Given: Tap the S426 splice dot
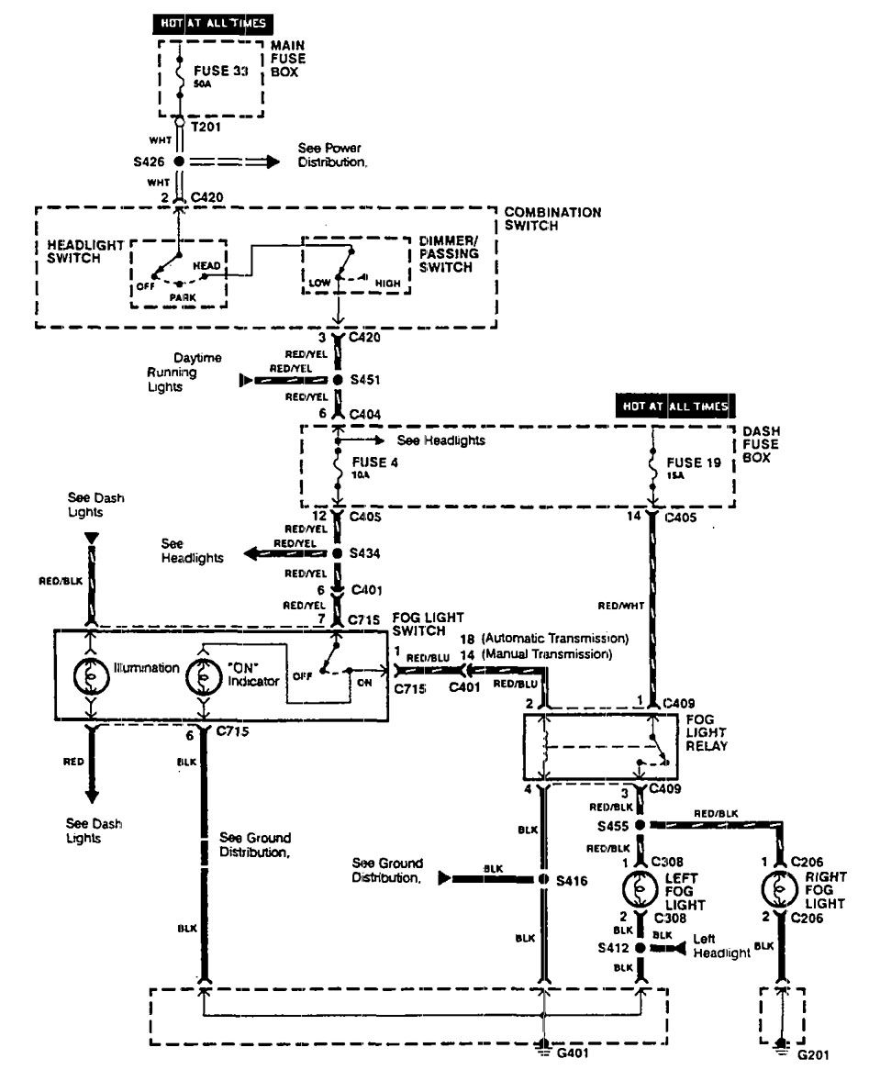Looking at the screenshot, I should point(180,162).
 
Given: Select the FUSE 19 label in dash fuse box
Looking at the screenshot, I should point(688,462).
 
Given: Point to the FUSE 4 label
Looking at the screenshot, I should point(373,462).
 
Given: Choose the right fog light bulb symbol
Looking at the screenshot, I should point(780,889).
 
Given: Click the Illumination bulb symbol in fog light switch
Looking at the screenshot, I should point(91,676).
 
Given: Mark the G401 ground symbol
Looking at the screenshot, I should point(543,1048).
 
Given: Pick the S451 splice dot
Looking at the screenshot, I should point(338,379).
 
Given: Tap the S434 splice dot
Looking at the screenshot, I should point(338,555).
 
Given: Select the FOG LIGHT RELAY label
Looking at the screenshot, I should point(708,733).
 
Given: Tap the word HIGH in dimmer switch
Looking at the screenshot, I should point(388,284).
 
